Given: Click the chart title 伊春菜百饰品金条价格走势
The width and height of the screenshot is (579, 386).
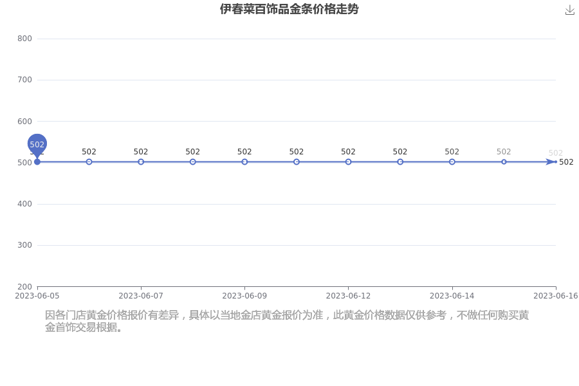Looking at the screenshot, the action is click(x=289, y=9).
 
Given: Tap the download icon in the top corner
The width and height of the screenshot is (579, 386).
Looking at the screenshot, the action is click(x=570, y=10).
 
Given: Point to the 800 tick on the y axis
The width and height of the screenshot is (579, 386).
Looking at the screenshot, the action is click(x=24, y=39).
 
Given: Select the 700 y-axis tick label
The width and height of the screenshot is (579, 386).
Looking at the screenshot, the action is click(x=24, y=80).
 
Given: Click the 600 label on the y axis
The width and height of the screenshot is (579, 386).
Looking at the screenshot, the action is click(x=24, y=121).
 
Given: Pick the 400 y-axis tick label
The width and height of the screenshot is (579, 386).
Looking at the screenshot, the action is click(x=24, y=204).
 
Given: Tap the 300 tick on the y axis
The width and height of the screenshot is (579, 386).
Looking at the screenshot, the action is click(x=24, y=245).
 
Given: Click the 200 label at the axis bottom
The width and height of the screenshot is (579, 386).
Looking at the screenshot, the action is click(x=24, y=287).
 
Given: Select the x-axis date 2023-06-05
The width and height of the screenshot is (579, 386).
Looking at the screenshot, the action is click(x=37, y=296).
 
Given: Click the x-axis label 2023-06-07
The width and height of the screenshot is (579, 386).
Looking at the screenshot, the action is click(x=141, y=296).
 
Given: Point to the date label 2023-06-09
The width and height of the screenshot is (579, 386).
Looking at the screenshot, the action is click(x=244, y=296).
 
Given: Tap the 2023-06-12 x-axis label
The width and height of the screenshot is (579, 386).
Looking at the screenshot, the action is click(x=348, y=296).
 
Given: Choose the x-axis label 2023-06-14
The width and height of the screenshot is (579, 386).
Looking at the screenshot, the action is click(x=452, y=296).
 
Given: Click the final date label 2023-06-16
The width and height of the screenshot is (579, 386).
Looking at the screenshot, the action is click(x=556, y=296).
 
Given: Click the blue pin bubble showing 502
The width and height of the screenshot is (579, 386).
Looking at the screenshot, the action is click(x=37, y=144).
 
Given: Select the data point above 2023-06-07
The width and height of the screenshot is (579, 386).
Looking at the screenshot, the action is click(x=141, y=161).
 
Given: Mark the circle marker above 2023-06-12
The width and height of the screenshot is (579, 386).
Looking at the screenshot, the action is click(x=348, y=161).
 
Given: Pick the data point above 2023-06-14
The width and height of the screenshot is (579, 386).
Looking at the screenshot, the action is click(x=452, y=161).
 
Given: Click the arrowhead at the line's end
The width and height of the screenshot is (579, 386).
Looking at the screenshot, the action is click(x=551, y=161).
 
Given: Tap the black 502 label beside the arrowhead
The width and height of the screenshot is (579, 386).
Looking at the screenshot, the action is click(x=566, y=162).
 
